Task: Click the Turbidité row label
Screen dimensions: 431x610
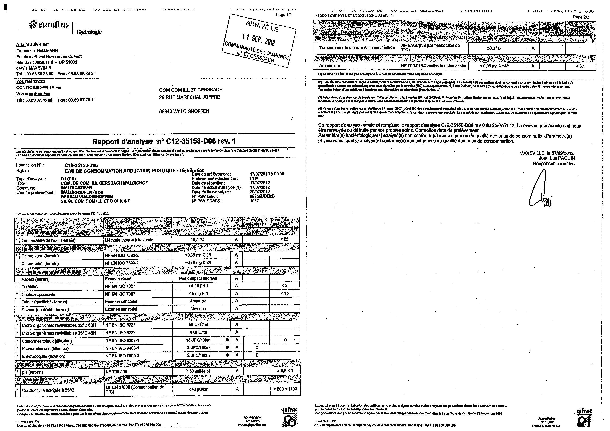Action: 30,287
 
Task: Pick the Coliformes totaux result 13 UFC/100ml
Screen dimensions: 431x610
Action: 199,340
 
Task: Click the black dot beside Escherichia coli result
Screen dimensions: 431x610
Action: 227,348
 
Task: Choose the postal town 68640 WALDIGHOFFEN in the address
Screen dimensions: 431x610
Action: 184,111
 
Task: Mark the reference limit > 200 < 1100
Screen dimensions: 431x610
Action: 285,389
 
